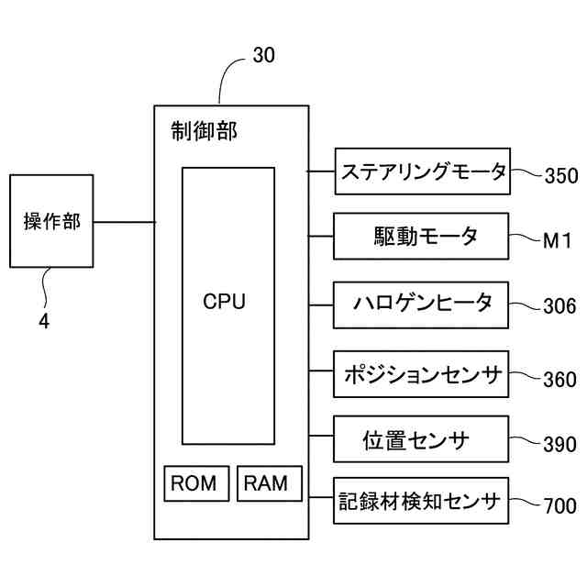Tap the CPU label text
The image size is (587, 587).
coord(224,302)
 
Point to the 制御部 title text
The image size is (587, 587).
coord(204,131)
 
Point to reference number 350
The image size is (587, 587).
coord(561,175)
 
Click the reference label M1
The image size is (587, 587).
coord(558,240)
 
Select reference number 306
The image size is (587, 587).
coord(559,305)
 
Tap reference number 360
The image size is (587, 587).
coord(559,379)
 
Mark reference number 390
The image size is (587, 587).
coord(559,444)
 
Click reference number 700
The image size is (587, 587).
coord(559,505)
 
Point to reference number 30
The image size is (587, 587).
coord(264,55)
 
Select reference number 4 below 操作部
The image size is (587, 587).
coord(44,321)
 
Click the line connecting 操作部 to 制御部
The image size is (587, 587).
coord(125,222)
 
